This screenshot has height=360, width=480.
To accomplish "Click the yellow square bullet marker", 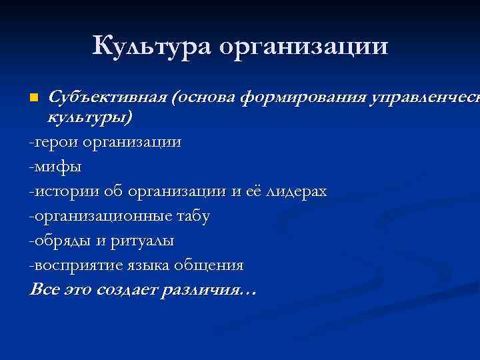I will (x=35, y=98).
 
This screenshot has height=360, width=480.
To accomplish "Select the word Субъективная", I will (x=108, y=98).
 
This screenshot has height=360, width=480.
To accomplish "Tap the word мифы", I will (x=57, y=167).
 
